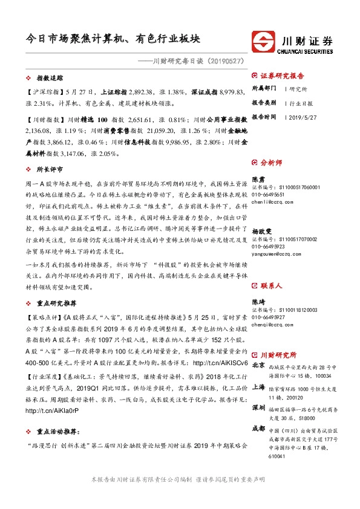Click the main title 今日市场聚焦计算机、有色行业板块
[114, 38]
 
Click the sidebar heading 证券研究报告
[281, 76]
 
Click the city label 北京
[258, 365]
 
